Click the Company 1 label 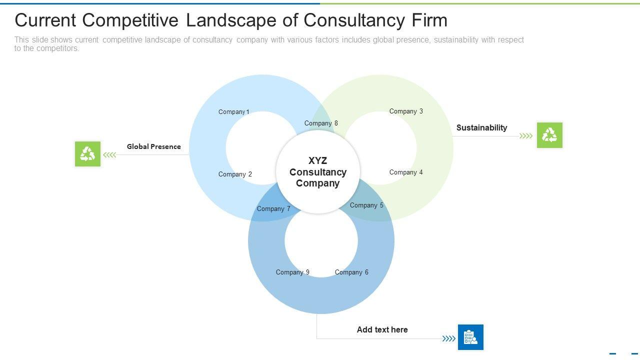tap(233, 112)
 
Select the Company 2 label tap(235, 174)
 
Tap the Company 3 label tap(406, 111)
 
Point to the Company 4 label tap(406, 172)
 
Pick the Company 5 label tap(366, 205)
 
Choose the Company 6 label tap(351, 272)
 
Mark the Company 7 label tap(273, 208)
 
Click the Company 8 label tap(321, 123)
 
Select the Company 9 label tap(292, 272)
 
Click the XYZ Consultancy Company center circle tap(318, 171)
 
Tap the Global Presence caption tap(153, 146)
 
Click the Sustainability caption tap(481, 127)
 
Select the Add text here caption tap(382, 329)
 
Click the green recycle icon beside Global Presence tap(87, 154)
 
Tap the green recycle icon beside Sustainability tap(549, 135)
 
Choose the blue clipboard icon tap(470, 337)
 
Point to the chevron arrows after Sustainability tap(526, 135)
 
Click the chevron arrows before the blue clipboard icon tap(449, 338)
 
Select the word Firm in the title tap(429, 20)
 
